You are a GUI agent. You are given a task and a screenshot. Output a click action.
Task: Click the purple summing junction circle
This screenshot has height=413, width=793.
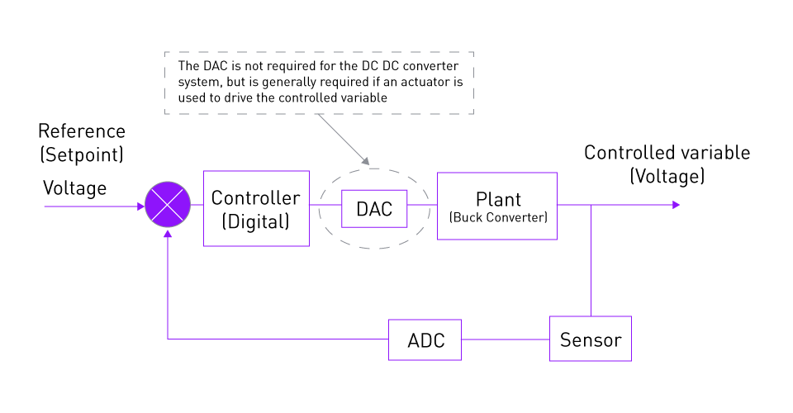pos(168,204)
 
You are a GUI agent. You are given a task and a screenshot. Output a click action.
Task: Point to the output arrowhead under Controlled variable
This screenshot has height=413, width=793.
pos(677,205)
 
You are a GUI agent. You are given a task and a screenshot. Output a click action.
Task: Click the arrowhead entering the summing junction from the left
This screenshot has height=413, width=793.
pos(141,206)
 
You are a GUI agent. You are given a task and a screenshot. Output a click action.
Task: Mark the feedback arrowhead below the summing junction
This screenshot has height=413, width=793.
pos(168,234)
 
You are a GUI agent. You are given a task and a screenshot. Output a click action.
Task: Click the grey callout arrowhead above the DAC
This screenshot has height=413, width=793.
pos(366,161)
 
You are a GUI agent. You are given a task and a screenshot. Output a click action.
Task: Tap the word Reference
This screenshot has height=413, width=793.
pos(82,131)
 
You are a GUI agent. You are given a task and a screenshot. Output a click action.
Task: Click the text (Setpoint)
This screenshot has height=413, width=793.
pos(82,154)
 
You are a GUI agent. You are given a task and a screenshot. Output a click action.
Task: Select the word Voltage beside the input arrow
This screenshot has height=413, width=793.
pos(75,188)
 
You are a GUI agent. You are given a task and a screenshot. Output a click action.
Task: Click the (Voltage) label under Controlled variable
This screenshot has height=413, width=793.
pos(667,176)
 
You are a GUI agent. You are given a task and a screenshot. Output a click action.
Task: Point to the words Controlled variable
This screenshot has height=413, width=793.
pos(667,153)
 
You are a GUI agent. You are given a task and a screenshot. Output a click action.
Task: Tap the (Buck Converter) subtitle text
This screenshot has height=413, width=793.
pos(498,217)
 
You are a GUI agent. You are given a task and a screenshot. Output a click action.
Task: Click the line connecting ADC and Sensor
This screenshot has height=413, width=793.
pos(506,339)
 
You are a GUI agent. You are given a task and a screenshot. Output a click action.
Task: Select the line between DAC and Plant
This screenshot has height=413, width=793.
pos(422,205)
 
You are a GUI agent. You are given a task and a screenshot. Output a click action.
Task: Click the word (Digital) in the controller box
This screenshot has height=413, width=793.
pos(256,222)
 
